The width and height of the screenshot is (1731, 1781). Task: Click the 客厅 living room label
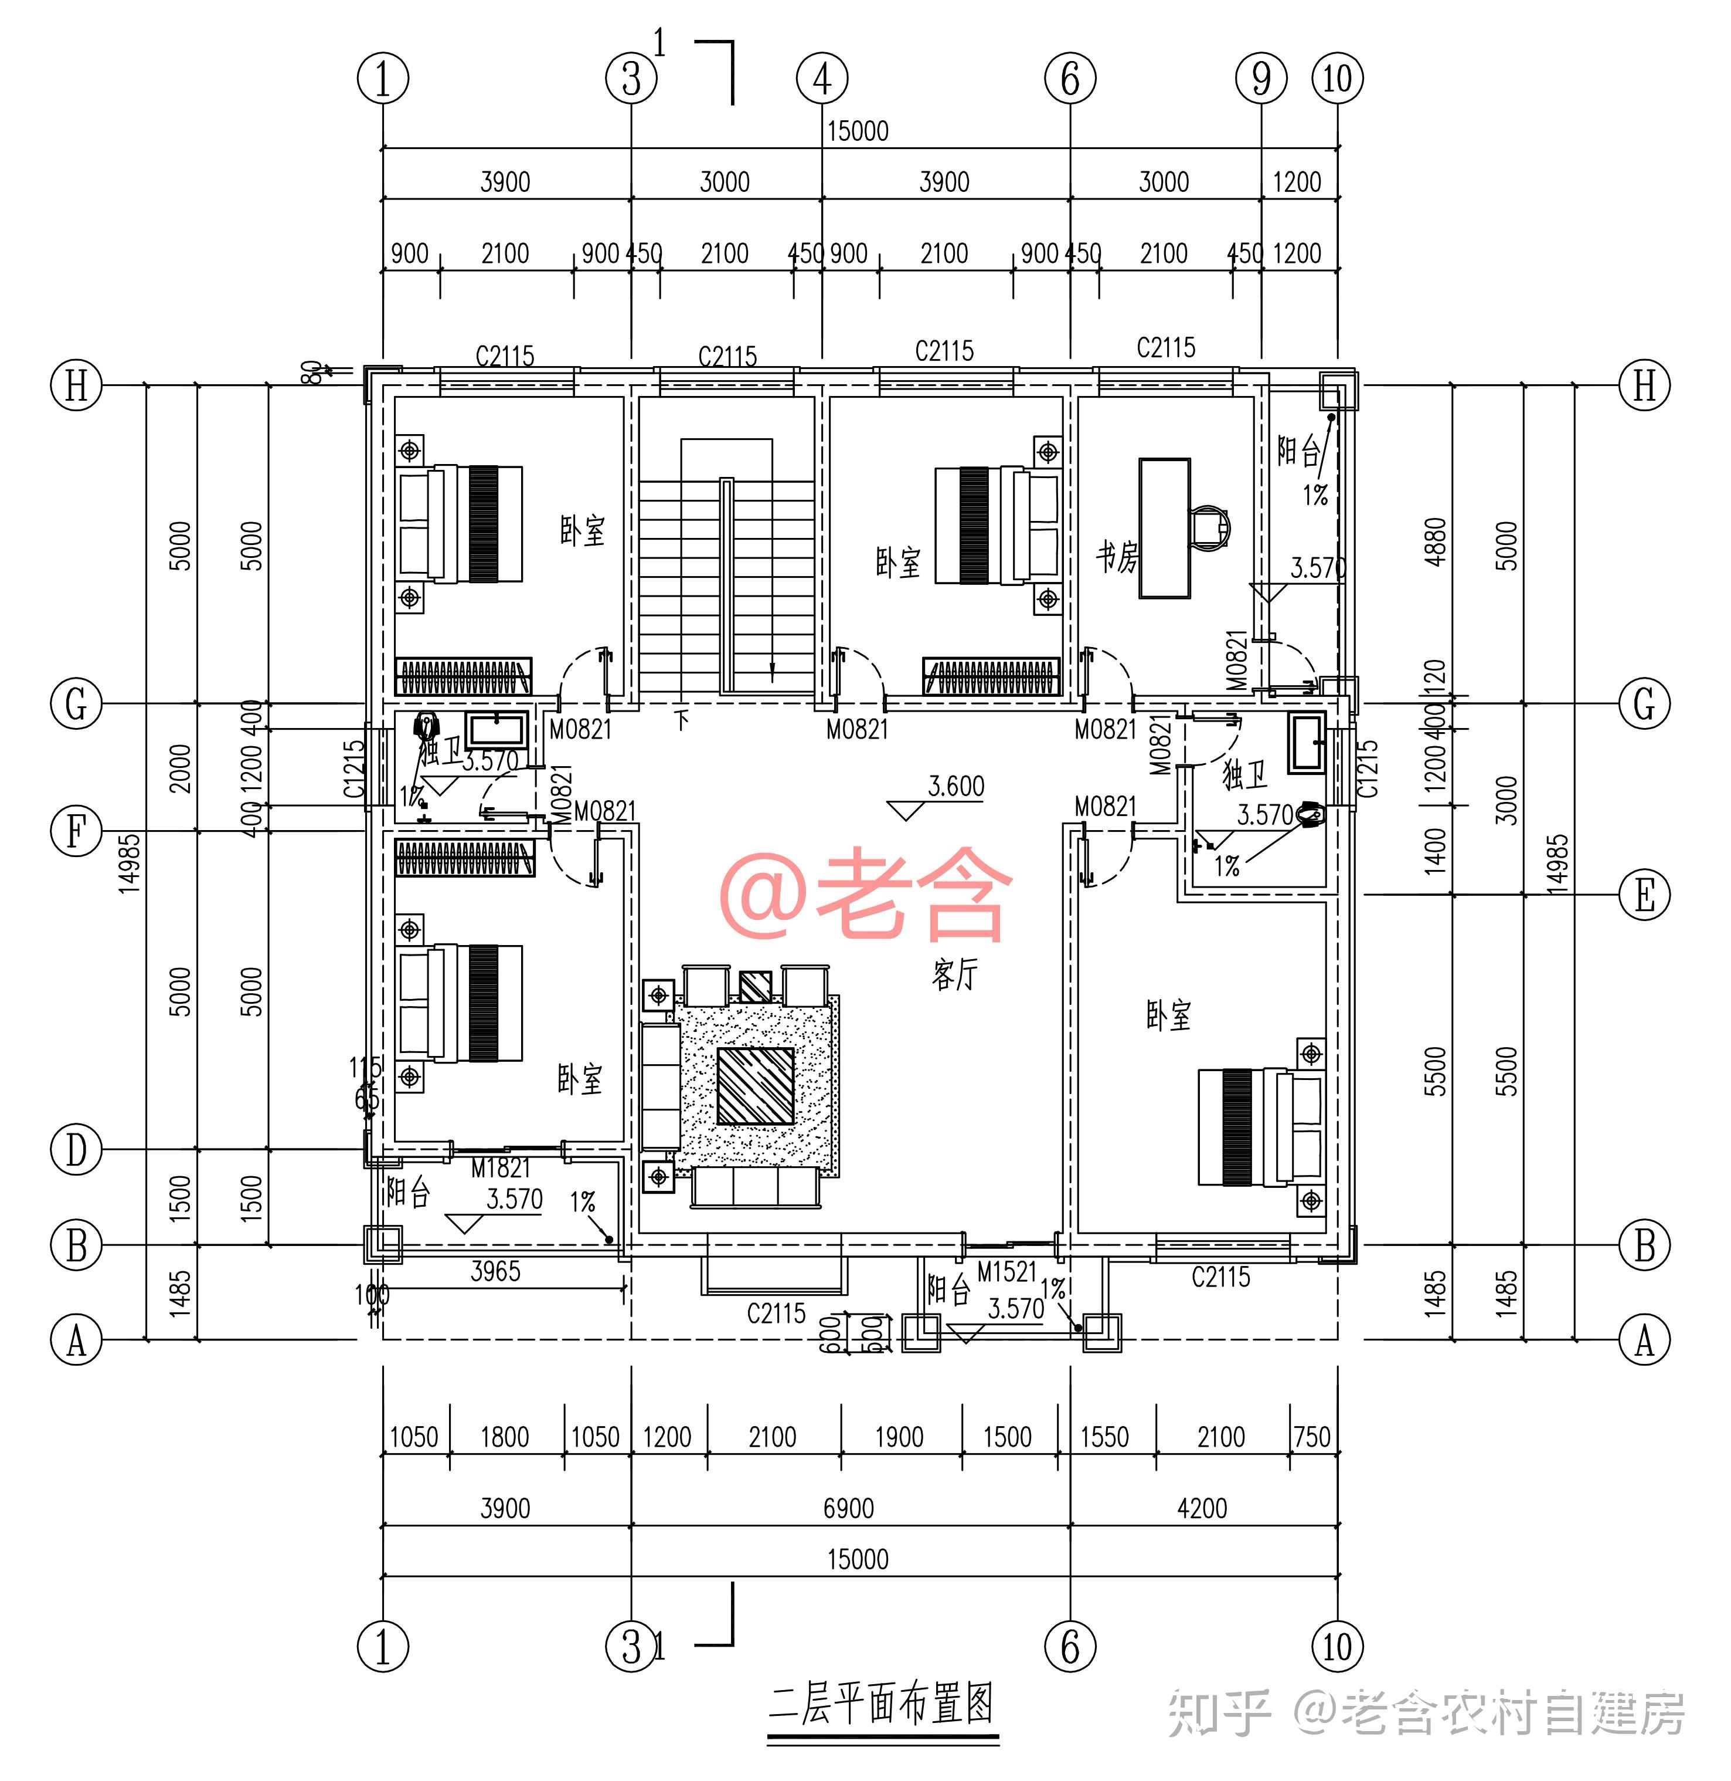(x=954, y=975)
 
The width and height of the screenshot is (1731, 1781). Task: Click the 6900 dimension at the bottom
(x=848, y=1508)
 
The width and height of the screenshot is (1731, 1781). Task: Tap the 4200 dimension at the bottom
(x=1202, y=1508)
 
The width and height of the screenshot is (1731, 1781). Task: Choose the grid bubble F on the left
(x=76, y=831)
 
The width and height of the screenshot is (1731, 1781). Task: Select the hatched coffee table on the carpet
(x=756, y=1086)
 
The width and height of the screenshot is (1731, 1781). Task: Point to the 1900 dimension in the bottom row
(x=899, y=1437)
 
